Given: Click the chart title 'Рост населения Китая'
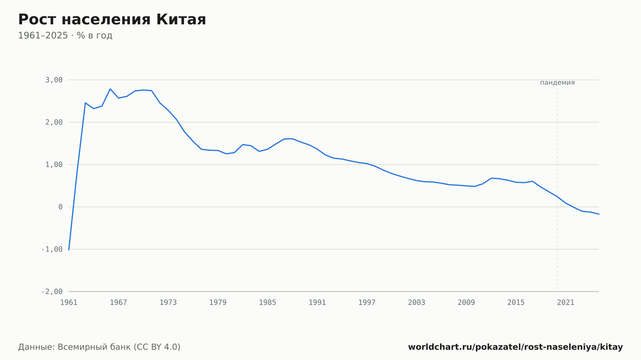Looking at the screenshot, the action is pos(112,20).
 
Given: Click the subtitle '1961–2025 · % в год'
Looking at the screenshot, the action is pos(65,36).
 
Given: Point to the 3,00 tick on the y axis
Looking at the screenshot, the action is pos(54,80).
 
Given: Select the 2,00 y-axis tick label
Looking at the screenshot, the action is pos(54,122).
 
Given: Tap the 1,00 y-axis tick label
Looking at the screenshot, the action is pos(54,165).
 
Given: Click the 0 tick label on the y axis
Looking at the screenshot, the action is pos(61,207).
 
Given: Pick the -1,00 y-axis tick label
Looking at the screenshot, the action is pos(52,249).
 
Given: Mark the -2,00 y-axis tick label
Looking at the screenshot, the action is pos(52,291).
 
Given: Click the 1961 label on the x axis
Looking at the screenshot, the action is pos(69,303).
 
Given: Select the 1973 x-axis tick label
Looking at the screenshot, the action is pos(168,303).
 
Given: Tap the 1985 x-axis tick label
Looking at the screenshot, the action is pos(268,303).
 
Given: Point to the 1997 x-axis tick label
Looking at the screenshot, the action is pos(367,303).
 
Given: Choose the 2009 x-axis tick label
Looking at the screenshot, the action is pos(466,303).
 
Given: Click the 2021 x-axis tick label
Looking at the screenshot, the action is pos(566,303).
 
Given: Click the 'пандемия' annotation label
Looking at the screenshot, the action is pos(557,83).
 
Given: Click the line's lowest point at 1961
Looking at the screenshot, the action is pos(69,250).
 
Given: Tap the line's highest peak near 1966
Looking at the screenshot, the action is pos(110,89).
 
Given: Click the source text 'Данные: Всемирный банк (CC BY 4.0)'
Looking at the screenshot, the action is pos(99,347).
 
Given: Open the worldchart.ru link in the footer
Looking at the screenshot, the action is pos(515,347).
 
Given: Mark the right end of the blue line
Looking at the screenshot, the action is pos(599,214).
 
